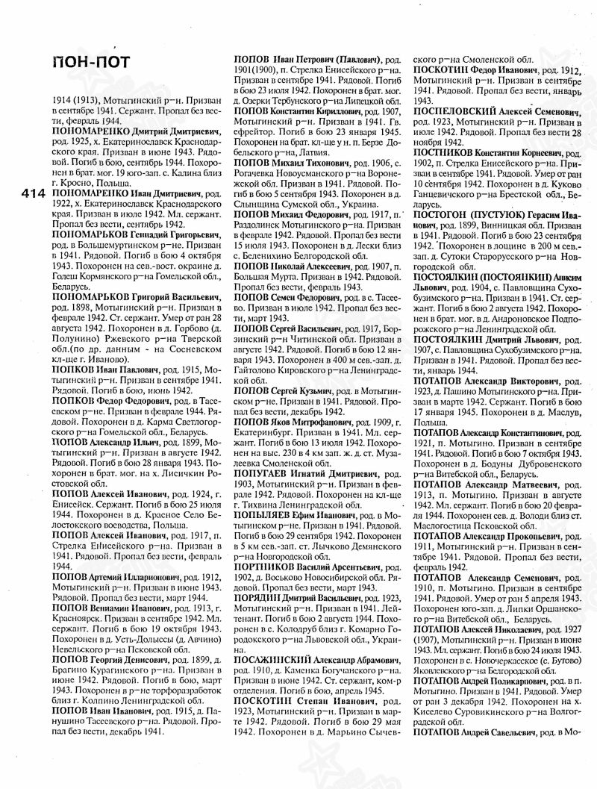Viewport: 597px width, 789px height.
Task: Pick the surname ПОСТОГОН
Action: coord(443,213)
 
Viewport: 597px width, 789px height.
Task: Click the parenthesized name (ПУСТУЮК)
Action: coord(498,213)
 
